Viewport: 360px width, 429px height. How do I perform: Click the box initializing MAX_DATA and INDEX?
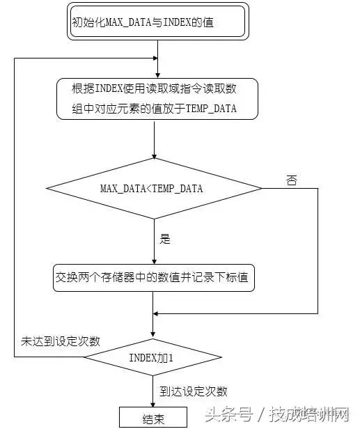click(158, 22)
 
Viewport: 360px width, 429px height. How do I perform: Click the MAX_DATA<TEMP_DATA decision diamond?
click(153, 189)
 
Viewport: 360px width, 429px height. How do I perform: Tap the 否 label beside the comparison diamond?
click(291, 180)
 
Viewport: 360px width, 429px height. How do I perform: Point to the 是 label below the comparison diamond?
click(165, 239)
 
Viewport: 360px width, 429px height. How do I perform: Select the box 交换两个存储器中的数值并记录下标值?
click(154, 277)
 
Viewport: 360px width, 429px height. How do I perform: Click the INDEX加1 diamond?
click(153, 357)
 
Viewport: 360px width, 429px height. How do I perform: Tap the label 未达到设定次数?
click(61, 341)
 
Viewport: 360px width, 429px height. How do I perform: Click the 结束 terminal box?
click(153, 416)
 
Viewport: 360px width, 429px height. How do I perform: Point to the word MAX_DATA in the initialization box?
click(123, 22)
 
